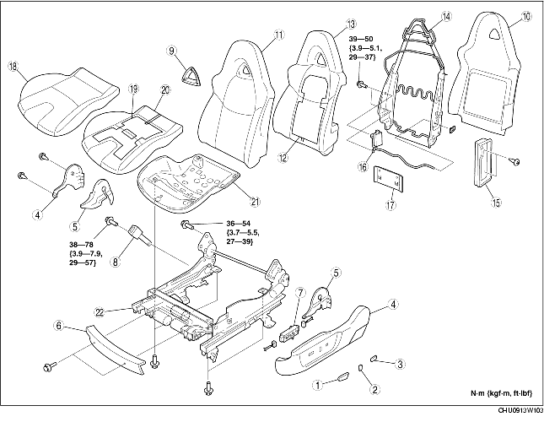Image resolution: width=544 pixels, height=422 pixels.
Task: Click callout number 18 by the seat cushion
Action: pyautogui.click(x=13, y=65)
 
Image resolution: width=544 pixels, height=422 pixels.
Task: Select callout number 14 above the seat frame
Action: pyautogui.click(x=446, y=16)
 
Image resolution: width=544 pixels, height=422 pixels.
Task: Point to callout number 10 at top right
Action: pyautogui.click(x=526, y=16)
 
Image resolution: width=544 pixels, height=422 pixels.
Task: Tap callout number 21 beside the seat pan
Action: pyautogui.click(x=254, y=200)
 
